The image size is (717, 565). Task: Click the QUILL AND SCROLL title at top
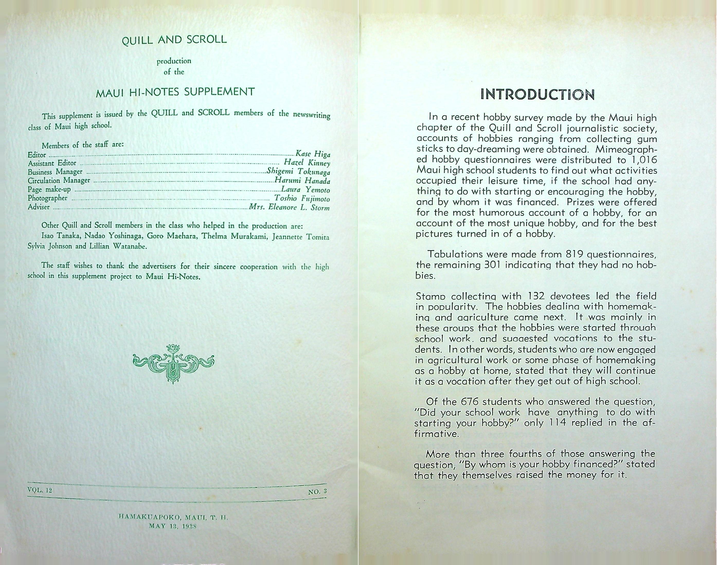[x=174, y=40]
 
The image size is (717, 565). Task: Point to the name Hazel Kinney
[x=307, y=163]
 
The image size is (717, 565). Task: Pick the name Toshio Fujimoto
[x=302, y=199]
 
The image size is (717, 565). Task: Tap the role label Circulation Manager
[x=59, y=181]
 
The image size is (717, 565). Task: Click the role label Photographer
[x=48, y=198]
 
